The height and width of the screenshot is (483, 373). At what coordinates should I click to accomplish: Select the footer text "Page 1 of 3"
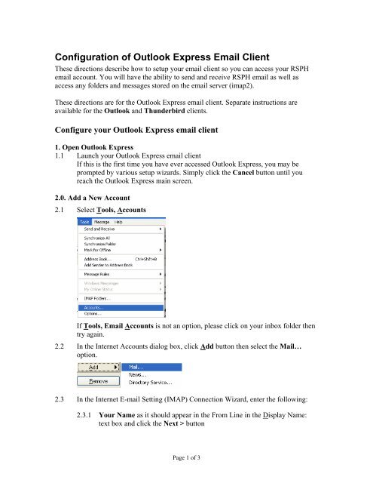tap(185, 466)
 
